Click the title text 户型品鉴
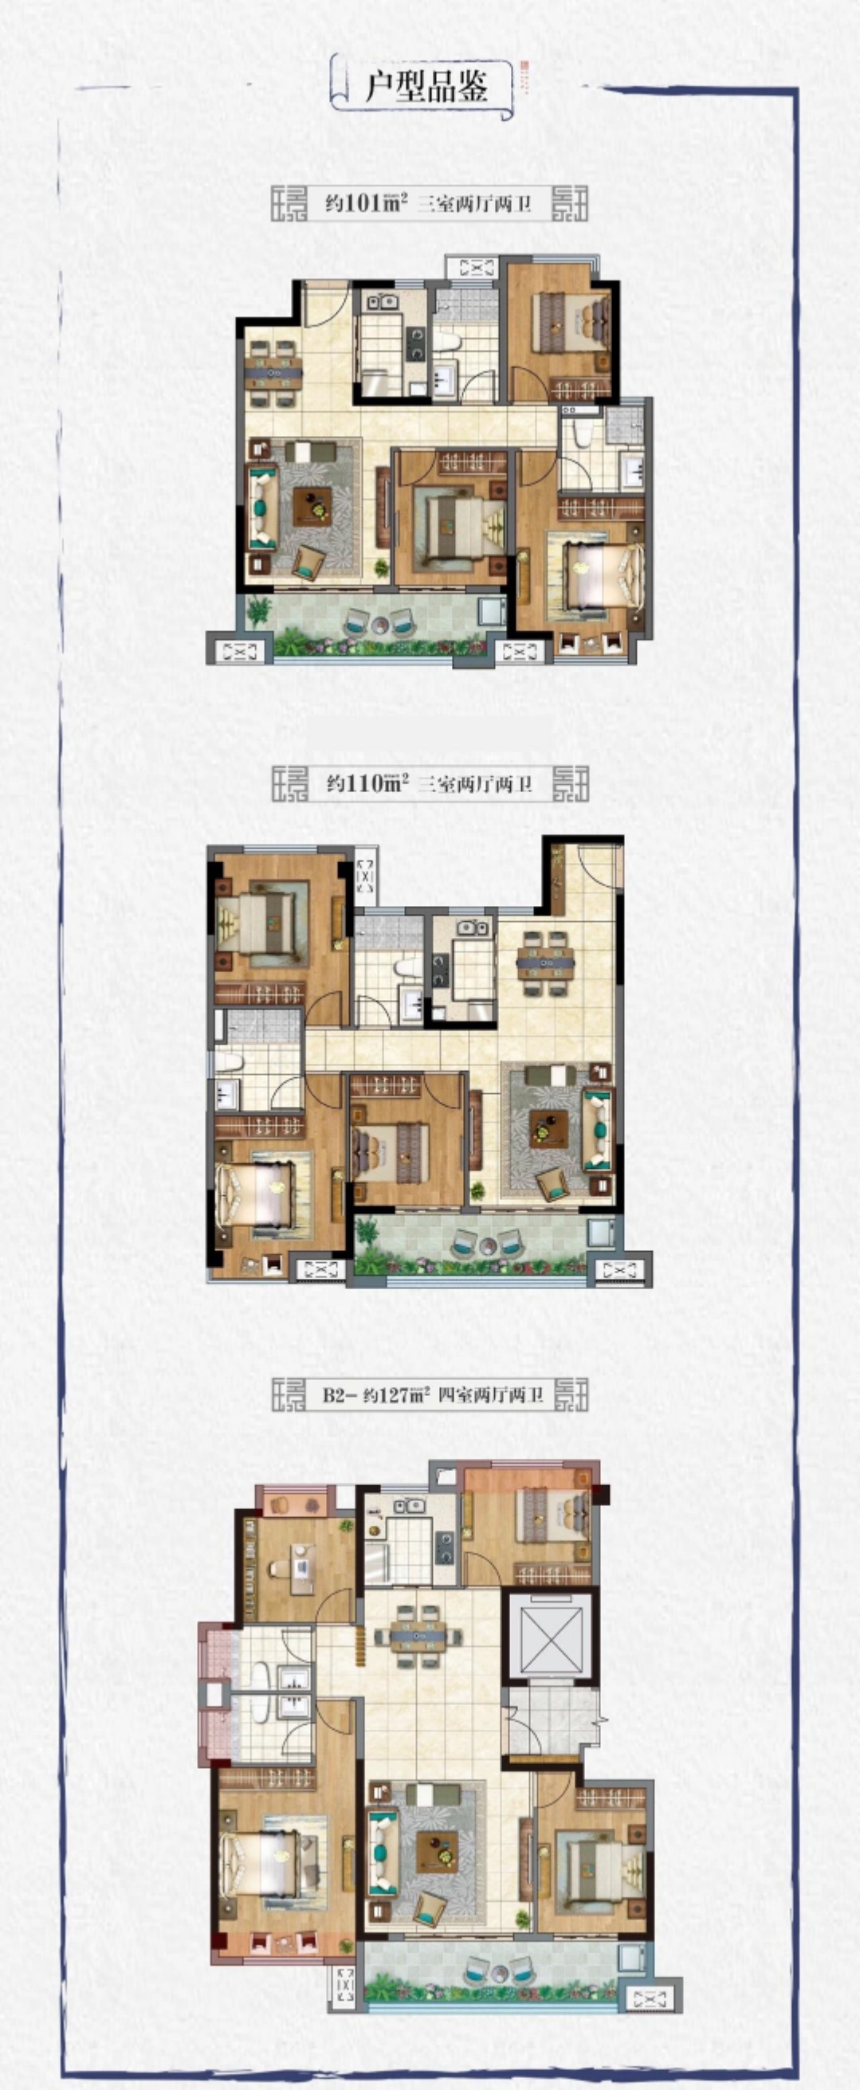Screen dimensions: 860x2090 point(426,86)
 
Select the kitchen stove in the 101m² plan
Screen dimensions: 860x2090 point(416,343)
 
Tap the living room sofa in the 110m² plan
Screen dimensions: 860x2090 point(598,1131)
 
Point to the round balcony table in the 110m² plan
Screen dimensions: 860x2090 point(487,1247)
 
